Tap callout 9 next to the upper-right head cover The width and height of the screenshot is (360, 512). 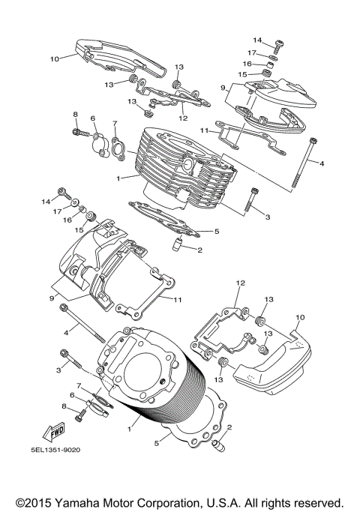point(223,88)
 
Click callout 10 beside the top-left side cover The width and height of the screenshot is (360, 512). point(54,58)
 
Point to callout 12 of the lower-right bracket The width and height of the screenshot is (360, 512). point(241,283)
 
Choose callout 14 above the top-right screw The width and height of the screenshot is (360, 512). point(257,40)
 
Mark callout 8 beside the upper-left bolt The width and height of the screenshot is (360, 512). point(76,114)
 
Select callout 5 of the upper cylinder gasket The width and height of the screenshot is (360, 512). point(216,232)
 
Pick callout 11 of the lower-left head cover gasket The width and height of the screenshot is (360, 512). point(178,300)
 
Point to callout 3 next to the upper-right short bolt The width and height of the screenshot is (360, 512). point(266,216)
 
